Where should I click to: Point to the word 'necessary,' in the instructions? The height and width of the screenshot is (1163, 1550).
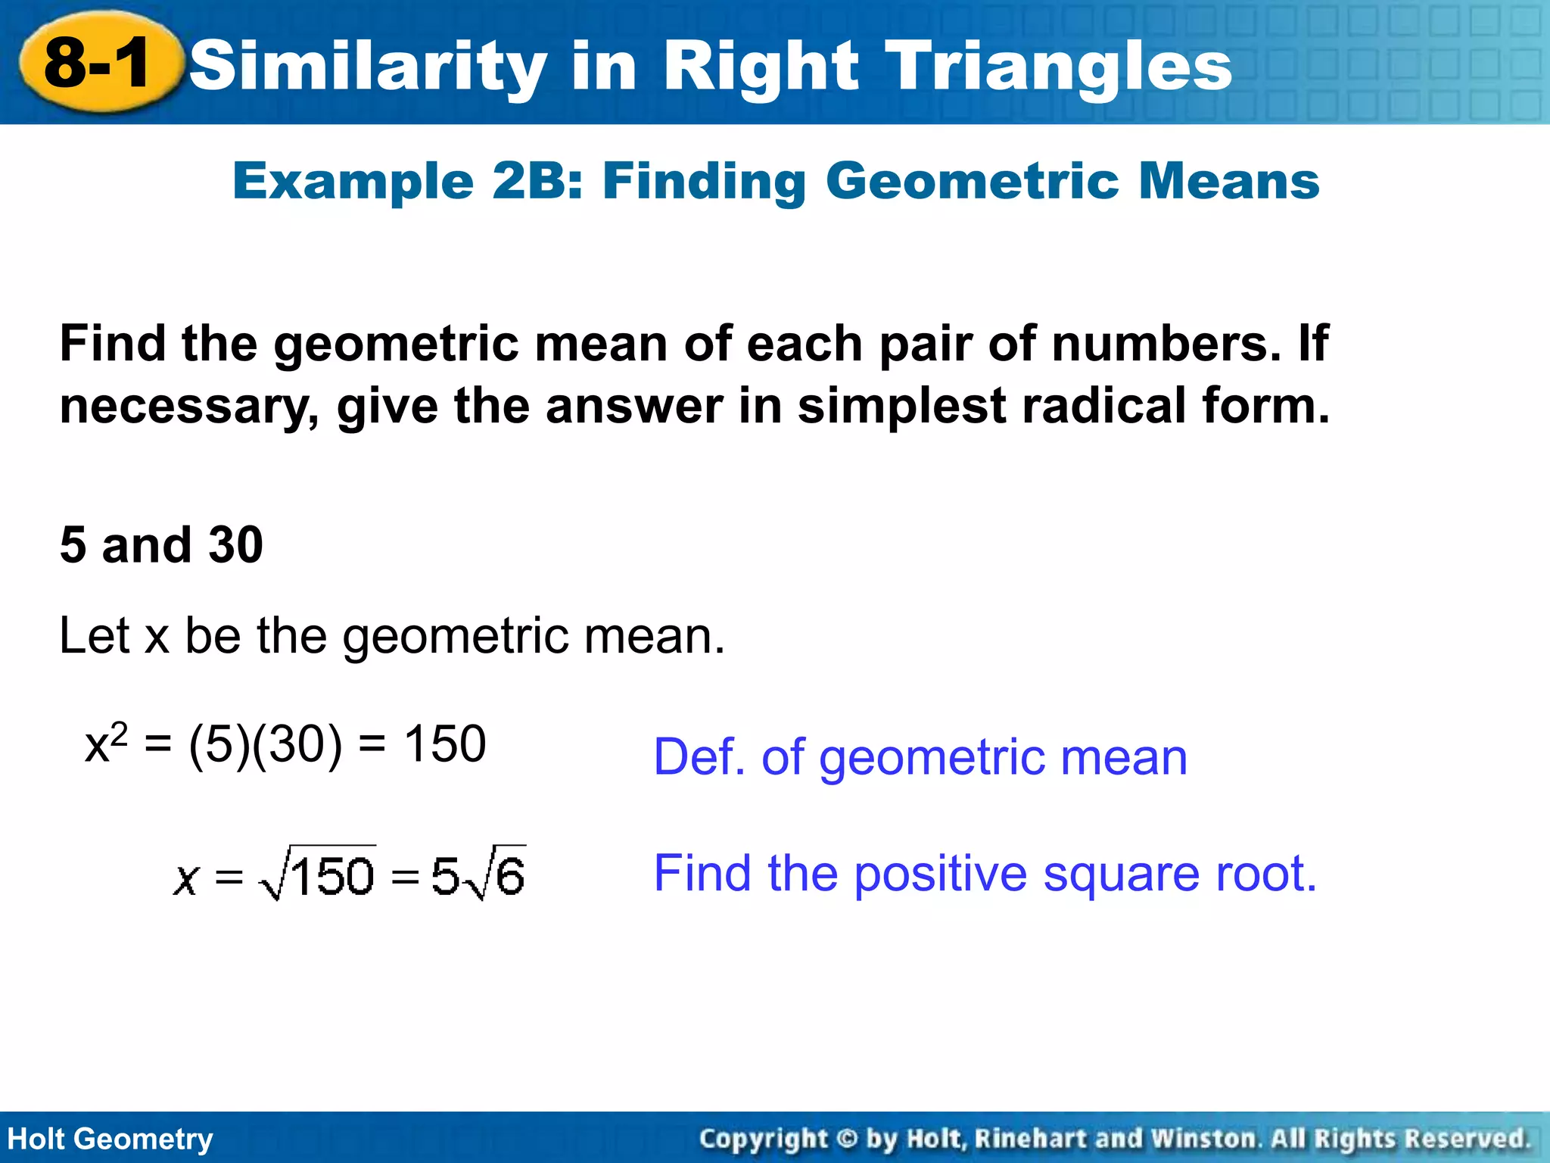click(189, 407)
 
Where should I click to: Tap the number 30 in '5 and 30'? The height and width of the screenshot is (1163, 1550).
click(235, 545)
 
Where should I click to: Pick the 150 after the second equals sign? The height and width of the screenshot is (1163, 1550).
click(444, 744)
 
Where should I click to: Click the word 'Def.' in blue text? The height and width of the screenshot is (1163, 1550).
click(700, 757)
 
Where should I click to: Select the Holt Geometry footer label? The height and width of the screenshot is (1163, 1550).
click(110, 1139)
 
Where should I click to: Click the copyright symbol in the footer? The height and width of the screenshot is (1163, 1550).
click(847, 1139)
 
